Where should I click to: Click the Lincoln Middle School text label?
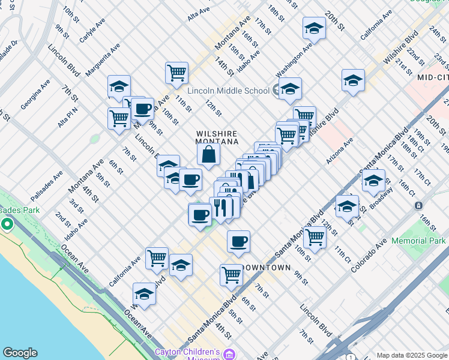coord(228,91)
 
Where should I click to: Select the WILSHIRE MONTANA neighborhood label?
coord(217,137)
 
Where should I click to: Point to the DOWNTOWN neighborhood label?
coord(265,267)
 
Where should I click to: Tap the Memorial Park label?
coord(418,241)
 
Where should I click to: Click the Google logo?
coord(20,353)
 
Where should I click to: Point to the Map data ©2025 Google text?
coord(412,355)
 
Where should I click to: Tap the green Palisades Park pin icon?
coord(7,224)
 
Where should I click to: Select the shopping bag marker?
coord(208,155)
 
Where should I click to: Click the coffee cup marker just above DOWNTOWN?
coord(238,241)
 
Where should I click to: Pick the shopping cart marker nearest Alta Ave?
coord(176,73)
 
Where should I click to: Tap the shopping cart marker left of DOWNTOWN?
coord(231,275)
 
